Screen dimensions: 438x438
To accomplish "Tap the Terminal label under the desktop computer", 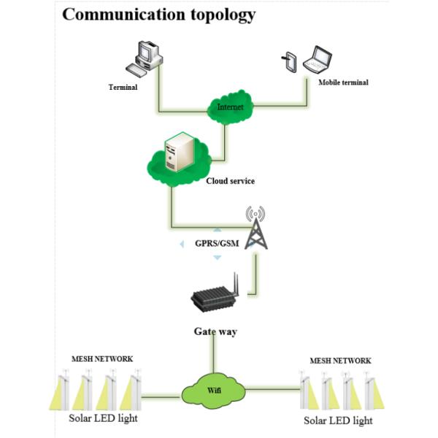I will (123, 87).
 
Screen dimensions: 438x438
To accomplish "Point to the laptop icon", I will (320, 61).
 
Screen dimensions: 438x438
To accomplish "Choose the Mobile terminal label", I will (343, 82).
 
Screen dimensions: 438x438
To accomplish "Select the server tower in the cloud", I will (179, 153).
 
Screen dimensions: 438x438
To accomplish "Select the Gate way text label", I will (215, 331).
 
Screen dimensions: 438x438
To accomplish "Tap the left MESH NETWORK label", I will (101, 358).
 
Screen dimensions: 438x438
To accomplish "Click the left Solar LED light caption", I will (103, 418).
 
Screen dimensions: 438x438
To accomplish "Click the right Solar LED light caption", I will (338, 420).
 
